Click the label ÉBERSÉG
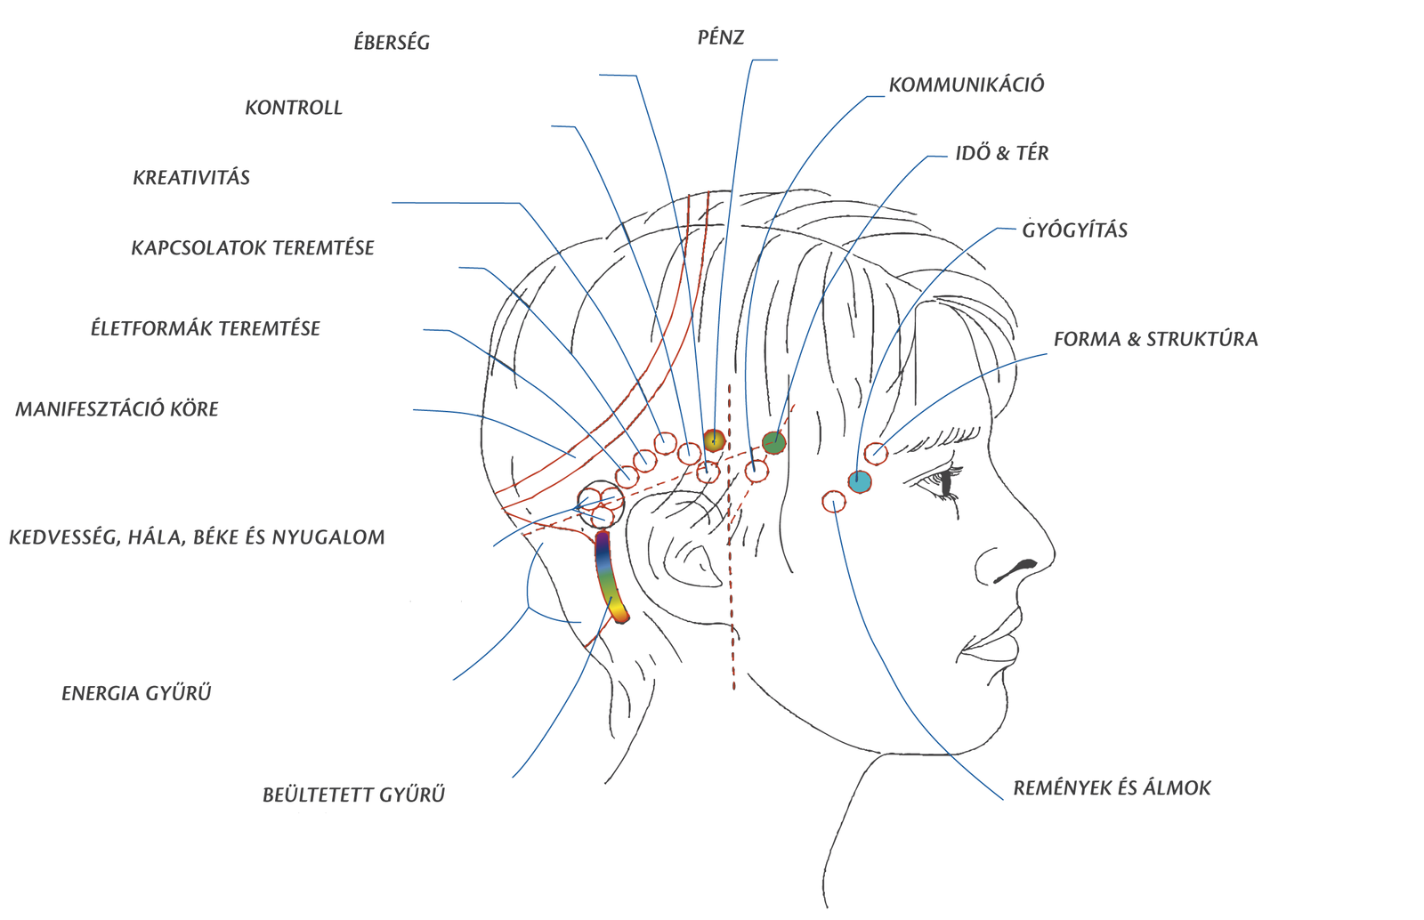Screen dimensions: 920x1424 pos(392,43)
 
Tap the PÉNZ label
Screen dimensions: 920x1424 pos(720,38)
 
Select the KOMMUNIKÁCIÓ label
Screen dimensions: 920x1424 pos(967,85)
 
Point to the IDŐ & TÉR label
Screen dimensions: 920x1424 pos(1002,154)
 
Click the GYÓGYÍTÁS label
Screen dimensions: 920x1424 pos(1074,230)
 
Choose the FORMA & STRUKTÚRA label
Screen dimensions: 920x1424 pos(1155,339)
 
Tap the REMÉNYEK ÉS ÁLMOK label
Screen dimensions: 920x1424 pos(1112,788)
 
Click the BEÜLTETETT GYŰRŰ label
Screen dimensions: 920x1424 pos(353,795)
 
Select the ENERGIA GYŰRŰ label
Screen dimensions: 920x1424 pos(136,694)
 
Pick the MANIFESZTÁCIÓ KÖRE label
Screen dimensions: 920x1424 pos(117,409)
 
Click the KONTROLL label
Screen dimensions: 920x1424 pos(294,108)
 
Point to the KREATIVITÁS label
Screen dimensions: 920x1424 pos(191,178)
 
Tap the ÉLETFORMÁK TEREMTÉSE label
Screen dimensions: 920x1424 pos(205,328)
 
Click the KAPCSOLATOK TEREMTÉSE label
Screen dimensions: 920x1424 pos(253,248)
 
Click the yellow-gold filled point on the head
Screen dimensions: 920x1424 pos(714,440)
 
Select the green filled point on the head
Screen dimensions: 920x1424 pos(773,441)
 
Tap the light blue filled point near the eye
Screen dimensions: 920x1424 pos(859,482)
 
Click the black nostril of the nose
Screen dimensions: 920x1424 pos(1017,568)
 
